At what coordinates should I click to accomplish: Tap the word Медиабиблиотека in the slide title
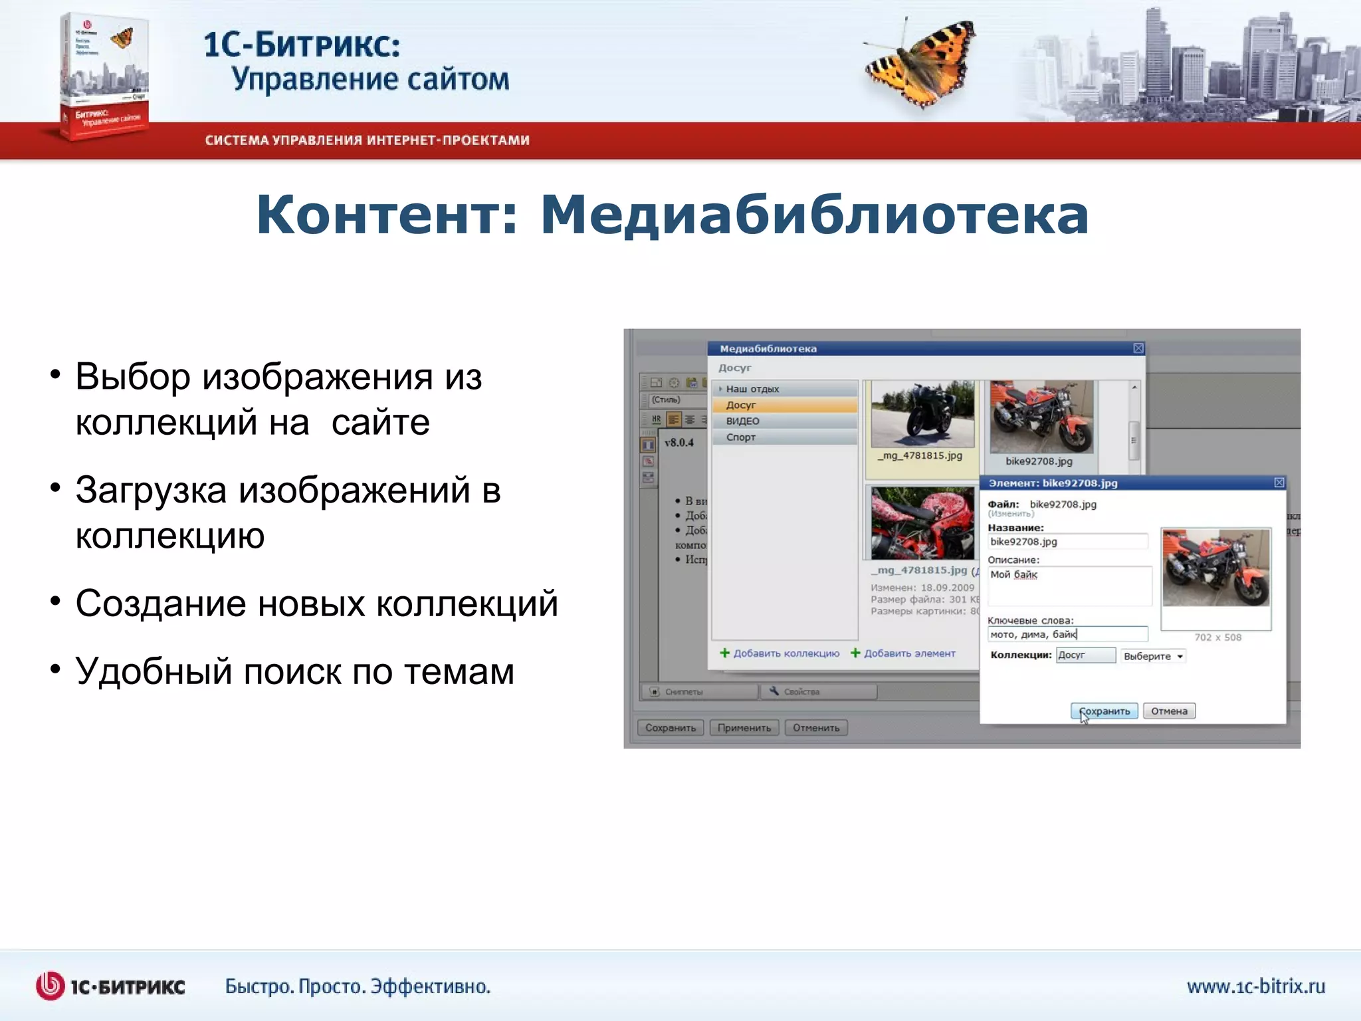(x=814, y=215)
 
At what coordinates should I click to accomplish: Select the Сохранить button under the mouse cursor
(x=1104, y=711)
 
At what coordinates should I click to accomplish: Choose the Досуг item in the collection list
(x=741, y=405)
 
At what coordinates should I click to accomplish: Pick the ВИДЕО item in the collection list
(x=742, y=421)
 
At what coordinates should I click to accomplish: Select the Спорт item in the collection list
(x=741, y=437)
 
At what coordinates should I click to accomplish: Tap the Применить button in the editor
(x=744, y=728)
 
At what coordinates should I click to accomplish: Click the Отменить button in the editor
(x=816, y=728)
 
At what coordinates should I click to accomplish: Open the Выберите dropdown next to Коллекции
(x=1153, y=656)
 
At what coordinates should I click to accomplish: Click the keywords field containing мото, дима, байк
(x=1067, y=634)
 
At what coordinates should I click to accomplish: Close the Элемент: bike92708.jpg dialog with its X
(x=1279, y=483)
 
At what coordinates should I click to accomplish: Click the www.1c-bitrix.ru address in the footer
(x=1255, y=986)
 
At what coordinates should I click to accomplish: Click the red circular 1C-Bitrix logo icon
(x=50, y=986)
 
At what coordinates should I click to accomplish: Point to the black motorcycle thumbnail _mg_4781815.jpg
(x=922, y=415)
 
